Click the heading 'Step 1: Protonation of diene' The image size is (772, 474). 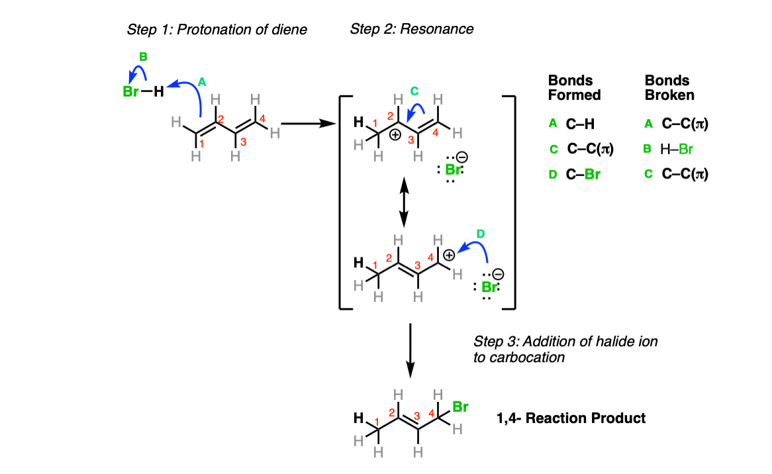click(x=217, y=30)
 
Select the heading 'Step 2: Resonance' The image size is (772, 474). click(x=412, y=29)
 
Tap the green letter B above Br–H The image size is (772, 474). click(x=143, y=57)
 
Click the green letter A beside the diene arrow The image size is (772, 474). click(x=202, y=82)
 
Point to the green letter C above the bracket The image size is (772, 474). click(x=414, y=91)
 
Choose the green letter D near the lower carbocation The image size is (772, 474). click(x=481, y=234)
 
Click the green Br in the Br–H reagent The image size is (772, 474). click(x=130, y=91)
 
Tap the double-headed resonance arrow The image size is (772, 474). click(x=404, y=203)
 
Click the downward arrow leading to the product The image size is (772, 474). click(x=410, y=351)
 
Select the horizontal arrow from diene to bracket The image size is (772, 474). click(x=309, y=124)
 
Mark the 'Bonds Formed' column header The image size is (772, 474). click(x=575, y=87)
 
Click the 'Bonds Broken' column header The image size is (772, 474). click(x=669, y=87)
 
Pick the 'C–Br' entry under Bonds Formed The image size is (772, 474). click(x=583, y=174)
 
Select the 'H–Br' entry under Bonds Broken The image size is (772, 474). click(x=677, y=149)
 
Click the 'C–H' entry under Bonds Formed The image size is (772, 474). click(x=580, y=124)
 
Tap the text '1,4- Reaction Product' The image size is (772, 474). click(x=571, y=418)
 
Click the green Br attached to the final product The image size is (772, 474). click(x=460, y=407)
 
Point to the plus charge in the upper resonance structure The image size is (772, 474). click(x=395, y=134)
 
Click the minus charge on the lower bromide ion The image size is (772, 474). click(x=499, y=274)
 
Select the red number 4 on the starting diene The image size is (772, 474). click(x=262, y=118)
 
